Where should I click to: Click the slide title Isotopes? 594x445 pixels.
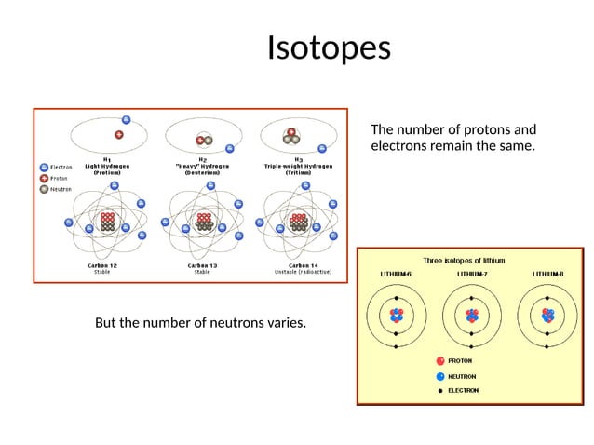[x=328, y=47]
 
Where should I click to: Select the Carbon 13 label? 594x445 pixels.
[x=202, y=267]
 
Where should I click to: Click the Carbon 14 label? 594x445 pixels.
[x=298, y=267]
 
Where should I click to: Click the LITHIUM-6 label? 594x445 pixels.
[x=397, y=275]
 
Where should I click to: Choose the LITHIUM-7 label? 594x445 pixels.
[x=473, y=275]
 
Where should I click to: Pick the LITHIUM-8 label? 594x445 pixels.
[x=548, y=275]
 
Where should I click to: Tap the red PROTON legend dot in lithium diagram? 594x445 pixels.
[x=440, y=360]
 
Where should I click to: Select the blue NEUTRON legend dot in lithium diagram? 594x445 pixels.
[x=440, y=376]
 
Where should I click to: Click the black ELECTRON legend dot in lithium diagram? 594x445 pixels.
[x=440, y=391]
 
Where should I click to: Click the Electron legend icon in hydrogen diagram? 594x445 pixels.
[x=44, y=168]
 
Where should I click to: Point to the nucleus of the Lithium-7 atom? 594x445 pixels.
[x=473, y=317]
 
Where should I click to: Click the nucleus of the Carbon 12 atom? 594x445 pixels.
[x=107, y=222]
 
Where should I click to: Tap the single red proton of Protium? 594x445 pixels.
[x=118, y=134]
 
